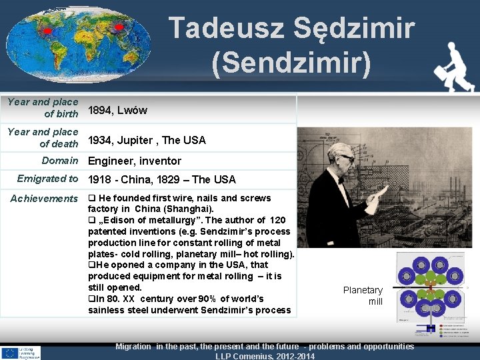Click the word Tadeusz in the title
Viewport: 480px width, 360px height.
(221, 29)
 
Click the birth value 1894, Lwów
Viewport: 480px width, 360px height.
(117, 110)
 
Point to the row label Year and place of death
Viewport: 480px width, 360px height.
(43, 137)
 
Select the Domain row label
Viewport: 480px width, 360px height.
(60, 160)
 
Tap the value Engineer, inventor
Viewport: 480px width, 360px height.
(135, 161)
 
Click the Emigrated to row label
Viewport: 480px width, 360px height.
(47, 179)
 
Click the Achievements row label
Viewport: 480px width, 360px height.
(44, 198)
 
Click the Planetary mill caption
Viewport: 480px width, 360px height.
(363, 295)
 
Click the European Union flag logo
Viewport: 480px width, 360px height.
(10, 351)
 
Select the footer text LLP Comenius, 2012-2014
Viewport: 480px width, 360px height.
(265, 355)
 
